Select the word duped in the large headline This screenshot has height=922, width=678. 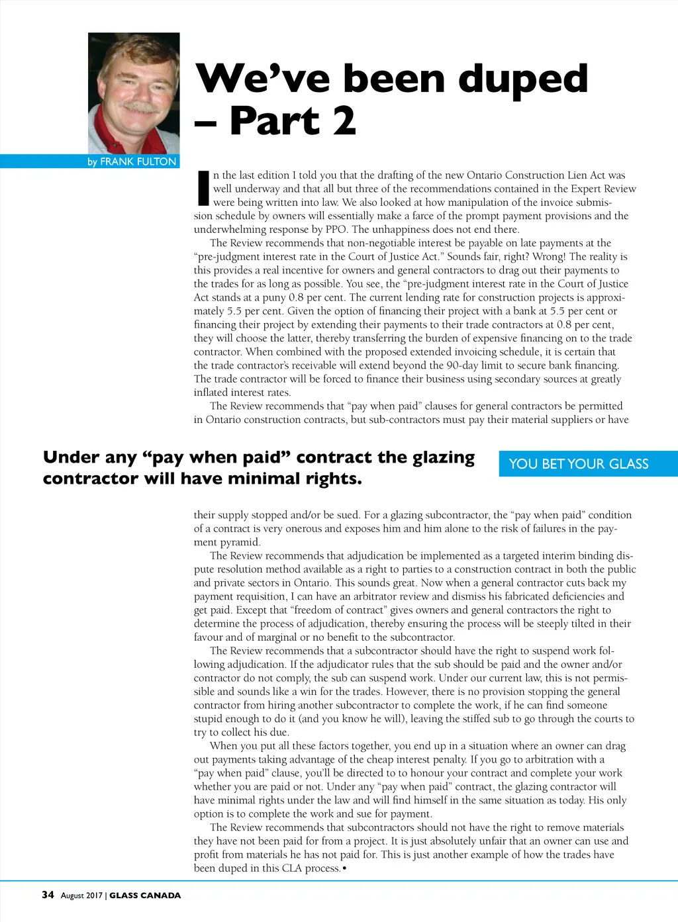click(x=522, y=79)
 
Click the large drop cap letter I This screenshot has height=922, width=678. click(x=203, y=188)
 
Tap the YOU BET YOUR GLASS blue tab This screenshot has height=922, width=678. click(x=579, y=464)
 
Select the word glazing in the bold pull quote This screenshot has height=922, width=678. click(x=444, y=457)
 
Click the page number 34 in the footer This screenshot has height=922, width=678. click(x=48, y=895)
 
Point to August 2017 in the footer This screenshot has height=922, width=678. click(x=81, y=896)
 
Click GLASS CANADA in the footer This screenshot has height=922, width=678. click(x=145, y=896)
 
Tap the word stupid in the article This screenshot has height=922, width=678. click(x=210, y=719)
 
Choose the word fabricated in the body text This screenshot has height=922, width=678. click(x=514, y=596)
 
